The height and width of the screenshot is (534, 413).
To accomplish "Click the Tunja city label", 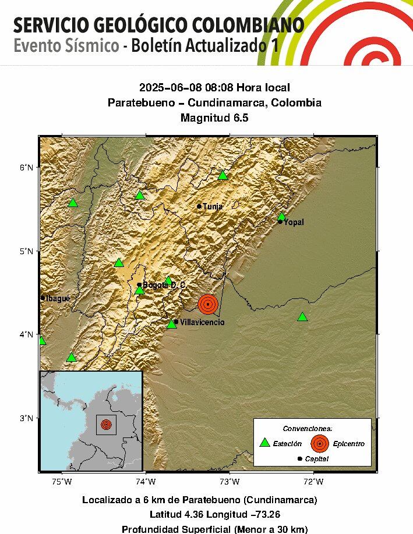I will [213, 207].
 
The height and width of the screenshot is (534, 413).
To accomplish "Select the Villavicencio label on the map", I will [202, 322].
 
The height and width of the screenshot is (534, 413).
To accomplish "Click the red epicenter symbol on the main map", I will [208, 304].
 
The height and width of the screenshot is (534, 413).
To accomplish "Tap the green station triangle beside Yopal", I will [282, 216].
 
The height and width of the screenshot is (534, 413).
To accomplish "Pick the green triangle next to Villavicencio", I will [172, 323].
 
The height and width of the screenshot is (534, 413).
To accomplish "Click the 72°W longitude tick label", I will [313, 482].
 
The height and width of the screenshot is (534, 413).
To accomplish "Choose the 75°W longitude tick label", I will [62, 482].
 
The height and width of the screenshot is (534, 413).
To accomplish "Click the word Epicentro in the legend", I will [349, 444].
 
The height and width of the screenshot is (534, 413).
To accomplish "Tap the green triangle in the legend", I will [265, 443].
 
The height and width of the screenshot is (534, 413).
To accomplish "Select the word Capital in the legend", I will [317, 459].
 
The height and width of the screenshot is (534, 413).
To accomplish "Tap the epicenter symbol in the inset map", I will [105, 424].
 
